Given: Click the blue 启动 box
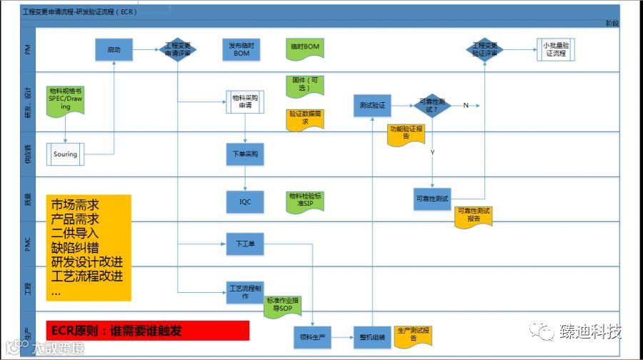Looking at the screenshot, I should coord(114,50).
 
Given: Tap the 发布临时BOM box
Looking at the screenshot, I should coord(241,49).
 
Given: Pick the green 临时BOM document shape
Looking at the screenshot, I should coord(304,48).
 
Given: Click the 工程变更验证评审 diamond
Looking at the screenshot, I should coord(485,49).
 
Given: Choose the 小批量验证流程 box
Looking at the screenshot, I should coord(555,49).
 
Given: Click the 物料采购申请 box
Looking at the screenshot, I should coord(245,101).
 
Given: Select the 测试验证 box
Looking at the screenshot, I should coord(372,106).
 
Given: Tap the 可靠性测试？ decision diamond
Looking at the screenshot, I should coord(432,106).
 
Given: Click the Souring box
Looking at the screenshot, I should coord(66,154).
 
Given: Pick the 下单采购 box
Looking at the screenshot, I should coord(245,154).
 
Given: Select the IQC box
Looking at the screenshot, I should coord(245,202).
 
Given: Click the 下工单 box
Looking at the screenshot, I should coord(245,244).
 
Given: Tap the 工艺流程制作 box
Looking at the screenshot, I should coord(245,292).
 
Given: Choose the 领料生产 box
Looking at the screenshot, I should coord(312,337).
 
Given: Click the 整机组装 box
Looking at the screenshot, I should coord(372,337).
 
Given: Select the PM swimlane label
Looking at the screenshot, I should coord(27,50).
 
